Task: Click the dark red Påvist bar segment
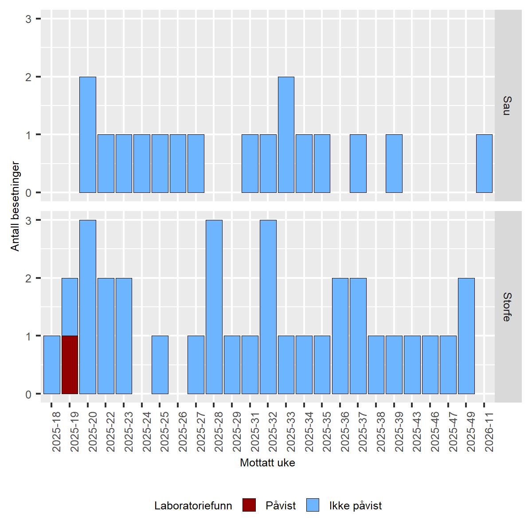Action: (70, 365)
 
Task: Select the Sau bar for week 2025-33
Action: (286, 135)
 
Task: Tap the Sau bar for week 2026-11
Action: (484, 164)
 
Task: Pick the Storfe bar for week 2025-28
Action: (214, 307)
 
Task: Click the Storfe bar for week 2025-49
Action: (466, 336)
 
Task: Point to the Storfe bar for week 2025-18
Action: (52, 365)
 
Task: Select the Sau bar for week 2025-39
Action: (394, 164)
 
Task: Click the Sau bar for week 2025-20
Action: (88, 135)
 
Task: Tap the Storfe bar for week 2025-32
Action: (268, 307)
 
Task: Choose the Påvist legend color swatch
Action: (249, 505)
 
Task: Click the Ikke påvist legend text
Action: (355, 506)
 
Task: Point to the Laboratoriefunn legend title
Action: (193, 506)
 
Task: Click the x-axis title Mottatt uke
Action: (267, 463)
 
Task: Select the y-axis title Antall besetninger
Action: (16, 207)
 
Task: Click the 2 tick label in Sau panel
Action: (28, 77)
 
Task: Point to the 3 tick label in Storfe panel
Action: (28, 220)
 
